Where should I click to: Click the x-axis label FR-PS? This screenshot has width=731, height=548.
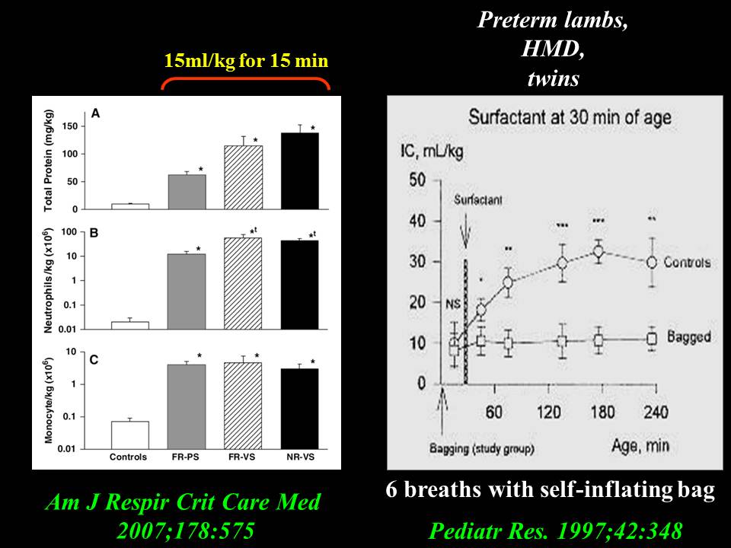(x=187, y=457)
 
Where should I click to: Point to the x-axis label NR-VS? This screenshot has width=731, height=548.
(x=299, y=457)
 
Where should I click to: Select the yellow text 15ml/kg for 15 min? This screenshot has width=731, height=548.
(x=246, y=61)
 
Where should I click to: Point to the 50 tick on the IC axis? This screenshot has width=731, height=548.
(x=417, y=181)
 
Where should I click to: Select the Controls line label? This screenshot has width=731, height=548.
(x=687, y=263)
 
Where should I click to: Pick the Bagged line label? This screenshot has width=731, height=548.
(x=688, y=336)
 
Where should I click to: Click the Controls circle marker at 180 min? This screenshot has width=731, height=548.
(x=599, y=251)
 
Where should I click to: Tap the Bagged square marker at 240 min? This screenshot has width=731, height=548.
(x=651, y=339)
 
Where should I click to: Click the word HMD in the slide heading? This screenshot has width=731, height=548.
(x=553, y=49)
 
